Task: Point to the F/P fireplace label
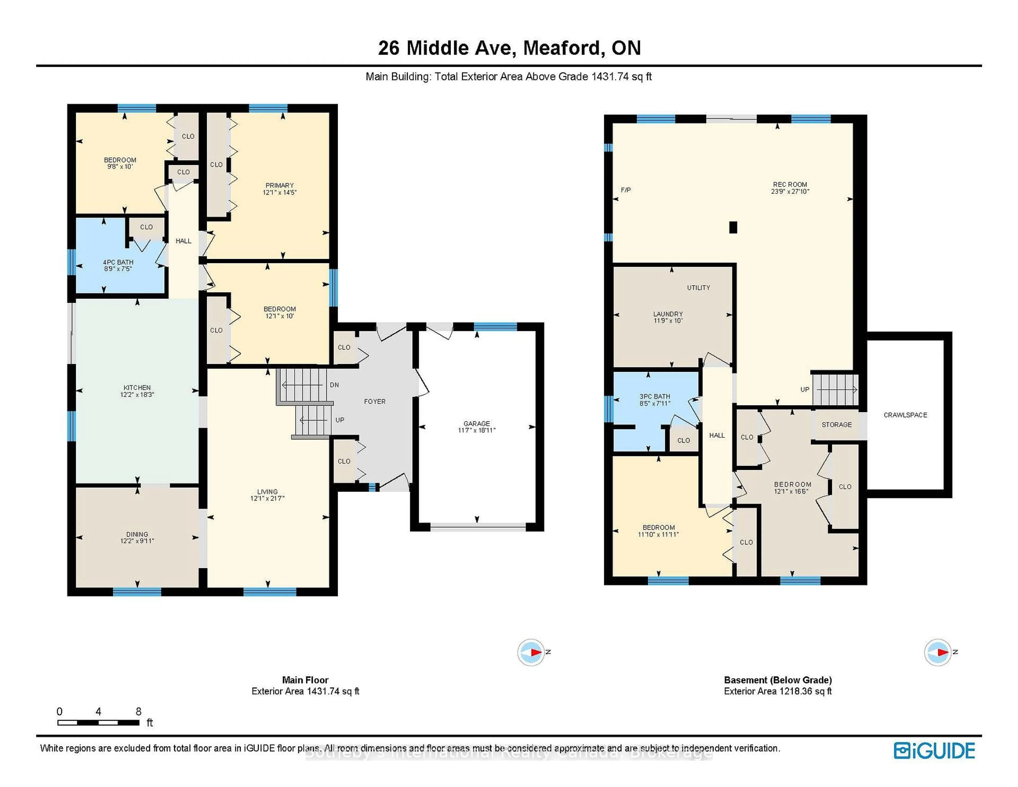tap(626, 190)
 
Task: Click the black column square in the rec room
tap(733, 227)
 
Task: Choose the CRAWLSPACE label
tap(905, 415)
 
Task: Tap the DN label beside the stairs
tap(334, 385)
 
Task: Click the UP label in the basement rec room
tap(805, 389)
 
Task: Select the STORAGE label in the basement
tap(837, 425)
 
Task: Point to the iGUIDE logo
tap(934, 751)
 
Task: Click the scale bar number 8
tap(138, 711)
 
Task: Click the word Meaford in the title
tap(562, 48)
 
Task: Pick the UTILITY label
tap(698, 288)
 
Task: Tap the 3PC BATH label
tap(655, 396)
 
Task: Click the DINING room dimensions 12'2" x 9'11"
tap(137, 541)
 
